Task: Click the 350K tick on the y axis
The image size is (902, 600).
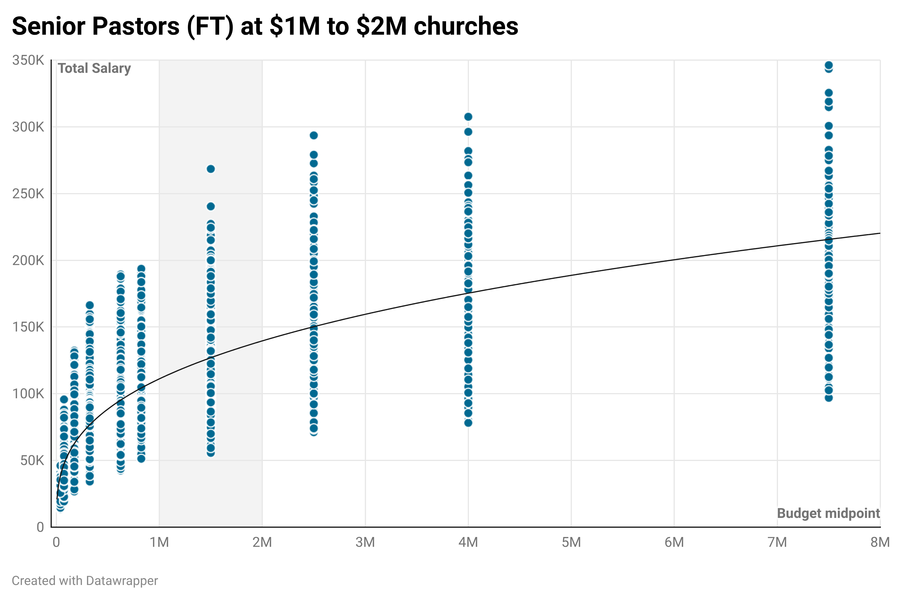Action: [28, 60]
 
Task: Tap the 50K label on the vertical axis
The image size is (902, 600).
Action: [32, 460]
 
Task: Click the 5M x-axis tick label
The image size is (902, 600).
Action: [571, 542]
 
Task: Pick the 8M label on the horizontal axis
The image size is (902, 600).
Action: [880, 542]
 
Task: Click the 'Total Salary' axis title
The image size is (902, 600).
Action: [94, 68]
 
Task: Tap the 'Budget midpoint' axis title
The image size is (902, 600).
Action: [828, 513]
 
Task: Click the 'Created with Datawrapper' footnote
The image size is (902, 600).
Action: [85, 580]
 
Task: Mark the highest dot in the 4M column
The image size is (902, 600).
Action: [468, 117]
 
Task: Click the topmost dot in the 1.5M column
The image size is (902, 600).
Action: [210, 169]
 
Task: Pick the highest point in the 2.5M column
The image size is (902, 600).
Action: [313, 136]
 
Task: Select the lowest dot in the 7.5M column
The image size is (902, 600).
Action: [829, 398]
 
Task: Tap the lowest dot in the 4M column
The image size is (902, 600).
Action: [468, 423]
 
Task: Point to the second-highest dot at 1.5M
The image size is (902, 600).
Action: [210, 206]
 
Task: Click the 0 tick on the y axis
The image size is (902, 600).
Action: [40, 527]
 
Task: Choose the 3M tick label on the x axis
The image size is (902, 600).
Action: [365, 542]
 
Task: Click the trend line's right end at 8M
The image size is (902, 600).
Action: [879, 233]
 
